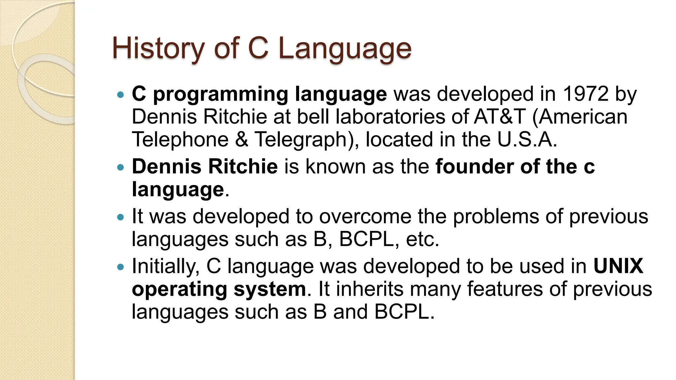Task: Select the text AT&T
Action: [499, 117]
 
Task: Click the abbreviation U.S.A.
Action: [527, 140]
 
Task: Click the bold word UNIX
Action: [618, 266]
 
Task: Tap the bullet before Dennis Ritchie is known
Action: [121, 167]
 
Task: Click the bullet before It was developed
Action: [121, 217]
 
